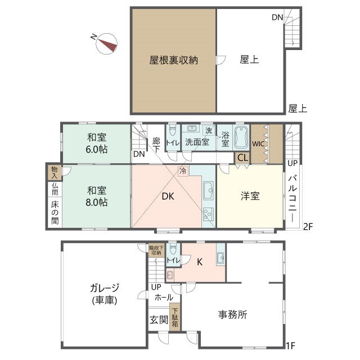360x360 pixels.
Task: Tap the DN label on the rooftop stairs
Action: click(x=277, y=17)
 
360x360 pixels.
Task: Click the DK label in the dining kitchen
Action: click(x=168, y=196)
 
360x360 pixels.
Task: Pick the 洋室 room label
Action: click(x=250, y=196)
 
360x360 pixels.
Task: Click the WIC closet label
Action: click(x=258, y=143)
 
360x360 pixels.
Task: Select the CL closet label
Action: click(x=242, y=158)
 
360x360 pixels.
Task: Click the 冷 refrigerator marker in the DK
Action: click(x=182, y=170)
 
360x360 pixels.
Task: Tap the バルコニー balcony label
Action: click(x=292, y=197)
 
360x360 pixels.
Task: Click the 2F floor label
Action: click(x=308, y=227)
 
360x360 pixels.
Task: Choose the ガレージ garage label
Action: click(x=102, y=294)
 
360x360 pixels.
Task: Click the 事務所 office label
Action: click(x=233, y=315)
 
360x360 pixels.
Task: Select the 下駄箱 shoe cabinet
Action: click(x=175, y=317)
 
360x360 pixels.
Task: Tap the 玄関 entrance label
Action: click(x=159, y=319)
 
